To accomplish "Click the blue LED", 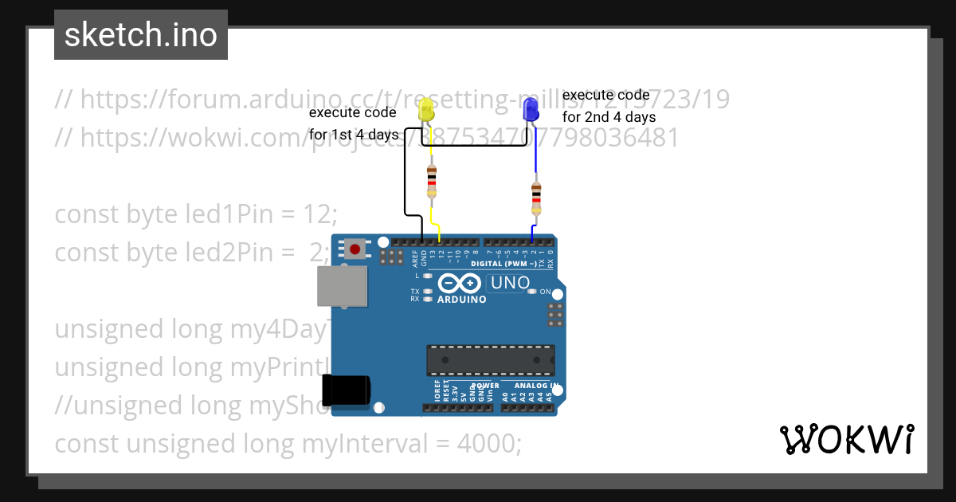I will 531,111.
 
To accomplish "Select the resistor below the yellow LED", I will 432,181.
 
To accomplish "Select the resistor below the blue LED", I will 536,198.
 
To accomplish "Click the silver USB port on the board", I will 341,285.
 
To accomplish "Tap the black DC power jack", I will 346,390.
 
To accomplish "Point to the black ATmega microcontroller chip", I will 490,359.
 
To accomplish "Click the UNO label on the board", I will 511,282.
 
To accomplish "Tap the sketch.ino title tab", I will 141,35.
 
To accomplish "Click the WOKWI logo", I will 846,440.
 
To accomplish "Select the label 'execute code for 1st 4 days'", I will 354,124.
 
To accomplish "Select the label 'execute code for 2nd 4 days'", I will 609,106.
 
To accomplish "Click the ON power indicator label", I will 547,292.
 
